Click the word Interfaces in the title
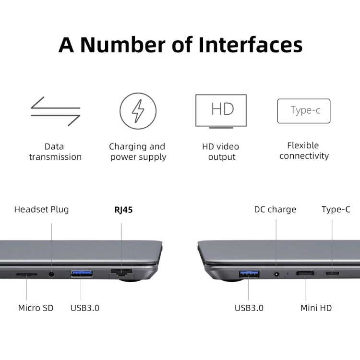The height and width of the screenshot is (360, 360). pyautogui.click(x=251, y=45)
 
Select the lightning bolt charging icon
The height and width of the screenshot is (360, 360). pyautogui.click(x=138, y=111)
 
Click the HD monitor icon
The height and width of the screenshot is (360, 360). pyautogui.click(x=221, y=111)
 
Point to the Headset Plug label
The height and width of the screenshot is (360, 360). pyautogui.click(x=42, y=209)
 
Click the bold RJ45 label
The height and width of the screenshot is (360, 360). pyautogui.click(x=123, y=210)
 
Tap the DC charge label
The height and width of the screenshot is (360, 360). pyautogui.click(x=275, y=209)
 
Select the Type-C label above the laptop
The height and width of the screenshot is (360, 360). pyautogui.click(x=336, y=209)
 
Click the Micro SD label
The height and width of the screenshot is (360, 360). pyautogui.click(x=36, y=308)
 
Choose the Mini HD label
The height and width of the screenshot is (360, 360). pyautogui.click(x=316, y=308)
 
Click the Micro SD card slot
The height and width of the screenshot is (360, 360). pyautogui.click(x=26, y=274)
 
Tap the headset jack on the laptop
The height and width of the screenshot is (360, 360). pyautogui.click(x=51, y=274)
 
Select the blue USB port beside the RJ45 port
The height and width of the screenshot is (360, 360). pyautogui.click(x=81, y=274)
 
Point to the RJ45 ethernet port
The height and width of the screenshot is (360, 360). pyautogui.click(x=122, y=274)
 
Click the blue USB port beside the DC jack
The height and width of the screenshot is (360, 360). pyautogui.click(x=249, y=274)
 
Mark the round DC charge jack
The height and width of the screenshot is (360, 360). pyautogui.click(x=276, y=274)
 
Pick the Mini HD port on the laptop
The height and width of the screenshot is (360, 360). pyautogui.click(x=305, y=273)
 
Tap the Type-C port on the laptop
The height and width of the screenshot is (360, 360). pyautogui.click(x=332, y=273)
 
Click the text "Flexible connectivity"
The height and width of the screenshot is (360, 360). pyautogui.click(x=304, y=151)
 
